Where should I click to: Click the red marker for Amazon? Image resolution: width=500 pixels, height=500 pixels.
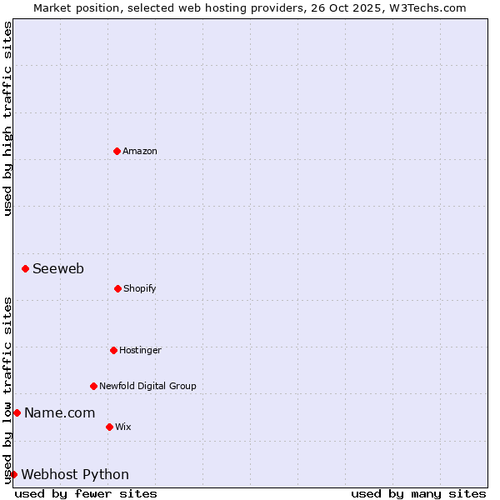pos(117,151)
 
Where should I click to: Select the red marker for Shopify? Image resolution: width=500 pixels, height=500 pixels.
pos(117,288)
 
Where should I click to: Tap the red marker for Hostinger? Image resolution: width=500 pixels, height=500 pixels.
pos(113,350)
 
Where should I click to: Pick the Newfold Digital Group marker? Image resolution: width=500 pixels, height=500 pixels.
pos(93,386)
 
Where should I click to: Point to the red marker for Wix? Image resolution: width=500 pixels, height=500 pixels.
pos(109,427)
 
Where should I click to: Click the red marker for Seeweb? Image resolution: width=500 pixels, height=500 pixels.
pos(25,268)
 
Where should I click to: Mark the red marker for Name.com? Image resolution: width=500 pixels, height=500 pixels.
pos(17,412)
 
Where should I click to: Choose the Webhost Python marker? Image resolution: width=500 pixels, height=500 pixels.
pos(13,474)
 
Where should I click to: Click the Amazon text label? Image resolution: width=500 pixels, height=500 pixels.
pos(140,151)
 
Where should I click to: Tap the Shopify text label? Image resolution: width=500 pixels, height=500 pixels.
pos(140,288)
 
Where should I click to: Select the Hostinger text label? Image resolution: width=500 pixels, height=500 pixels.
pos(140,350)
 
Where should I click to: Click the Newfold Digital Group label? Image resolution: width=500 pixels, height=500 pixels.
pos(148,386)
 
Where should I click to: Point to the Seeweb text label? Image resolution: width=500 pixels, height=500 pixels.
pos(58,268)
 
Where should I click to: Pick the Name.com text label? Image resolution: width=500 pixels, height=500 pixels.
pos(59,412)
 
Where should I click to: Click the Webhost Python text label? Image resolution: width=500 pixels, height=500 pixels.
pos(75,474)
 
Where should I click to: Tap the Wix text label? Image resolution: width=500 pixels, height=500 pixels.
pos(123,427)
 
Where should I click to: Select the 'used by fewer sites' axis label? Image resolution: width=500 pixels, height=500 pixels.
pos(86,493)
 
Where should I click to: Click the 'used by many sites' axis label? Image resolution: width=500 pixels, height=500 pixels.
pos(418,493)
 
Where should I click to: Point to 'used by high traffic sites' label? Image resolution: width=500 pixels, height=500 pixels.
pos(7,118)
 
